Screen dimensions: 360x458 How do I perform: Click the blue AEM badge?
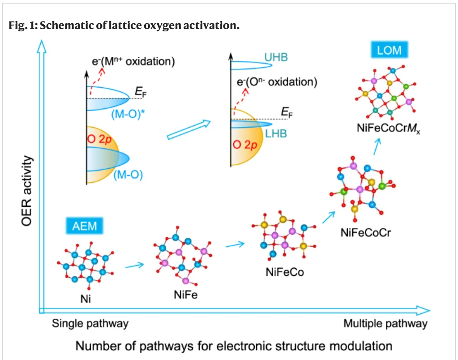[x=85, y=225]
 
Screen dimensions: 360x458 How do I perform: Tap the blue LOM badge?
[x=389, y=50]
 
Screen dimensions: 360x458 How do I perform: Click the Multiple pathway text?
[x=385, y=323]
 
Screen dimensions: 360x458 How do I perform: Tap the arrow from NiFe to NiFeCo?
[x=235, y=244]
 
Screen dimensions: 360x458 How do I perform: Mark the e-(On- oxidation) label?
[x=277, y=82]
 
